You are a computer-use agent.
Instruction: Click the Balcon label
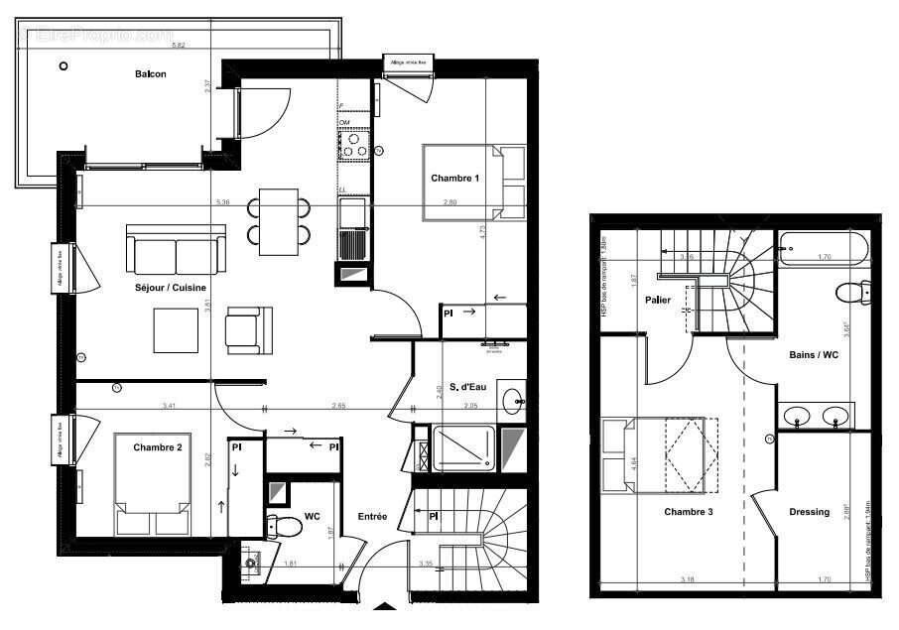click(151, 74)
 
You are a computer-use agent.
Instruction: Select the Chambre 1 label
click(454, 179)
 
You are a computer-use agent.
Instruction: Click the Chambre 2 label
click(158, 447)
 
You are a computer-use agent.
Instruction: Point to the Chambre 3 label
click(688, 512)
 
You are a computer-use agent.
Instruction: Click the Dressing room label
click(809, 512)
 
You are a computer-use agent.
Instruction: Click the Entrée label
click(373, 517)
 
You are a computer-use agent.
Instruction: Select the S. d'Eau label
click(458, 387)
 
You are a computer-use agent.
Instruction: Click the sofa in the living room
click(176, 251)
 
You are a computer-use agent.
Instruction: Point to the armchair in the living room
click(247, 328)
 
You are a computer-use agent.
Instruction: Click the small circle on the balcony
click(64, 66)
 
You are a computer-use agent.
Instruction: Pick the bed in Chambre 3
click(660, 454)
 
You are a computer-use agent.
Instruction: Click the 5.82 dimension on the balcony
click(179, 46)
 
